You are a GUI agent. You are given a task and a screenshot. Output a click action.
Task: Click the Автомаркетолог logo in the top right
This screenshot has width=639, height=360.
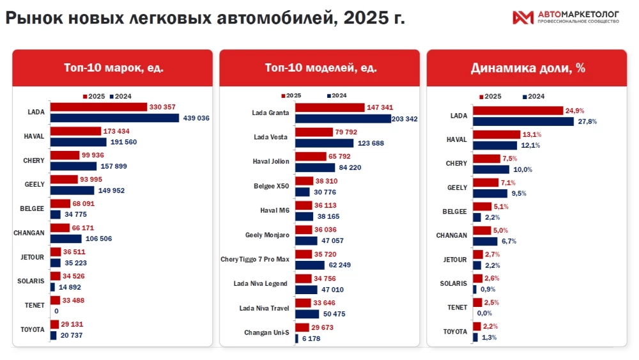coord(566,17)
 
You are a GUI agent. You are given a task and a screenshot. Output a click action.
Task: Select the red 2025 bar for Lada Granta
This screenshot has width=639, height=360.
coord(330,108)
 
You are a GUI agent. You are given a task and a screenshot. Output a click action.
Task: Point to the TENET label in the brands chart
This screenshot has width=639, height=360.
coord(35,306)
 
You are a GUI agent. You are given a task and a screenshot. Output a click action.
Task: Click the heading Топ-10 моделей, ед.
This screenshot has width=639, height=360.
coord(320,68)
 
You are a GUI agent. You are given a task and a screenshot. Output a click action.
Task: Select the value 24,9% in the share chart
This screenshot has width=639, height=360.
coord(574,111)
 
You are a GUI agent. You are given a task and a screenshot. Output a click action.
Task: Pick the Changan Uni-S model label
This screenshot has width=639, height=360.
coord(266,333)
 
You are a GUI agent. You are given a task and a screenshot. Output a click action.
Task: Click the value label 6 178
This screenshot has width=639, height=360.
coord(310,338)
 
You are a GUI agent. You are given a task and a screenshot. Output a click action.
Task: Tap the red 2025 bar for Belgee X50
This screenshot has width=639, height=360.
coord(304,182)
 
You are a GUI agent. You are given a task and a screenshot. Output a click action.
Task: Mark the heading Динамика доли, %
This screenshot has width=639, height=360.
coord(528,68)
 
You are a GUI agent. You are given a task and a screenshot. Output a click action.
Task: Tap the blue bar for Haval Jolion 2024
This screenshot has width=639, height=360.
coord(315,168)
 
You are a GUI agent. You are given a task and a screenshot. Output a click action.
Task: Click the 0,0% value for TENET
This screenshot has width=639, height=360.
coord(484,313)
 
